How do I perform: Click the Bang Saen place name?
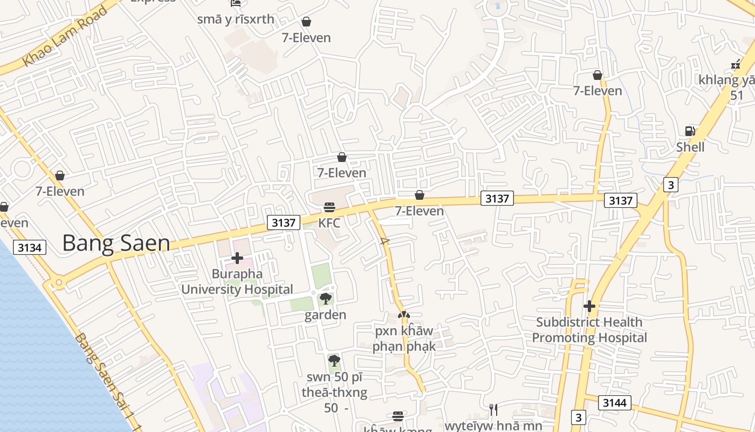click(116, 244)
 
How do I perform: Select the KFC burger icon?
click(329, 207)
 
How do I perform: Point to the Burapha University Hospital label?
click(237, 281)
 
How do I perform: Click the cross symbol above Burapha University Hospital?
click(237, 258)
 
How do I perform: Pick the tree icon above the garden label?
click(325, 299)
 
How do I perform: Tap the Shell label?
click(690, 147)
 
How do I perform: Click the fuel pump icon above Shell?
click(689, 131)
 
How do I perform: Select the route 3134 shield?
click(30, 247)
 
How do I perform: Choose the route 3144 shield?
click(614, 403)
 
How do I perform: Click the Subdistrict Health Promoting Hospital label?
click(589, 330)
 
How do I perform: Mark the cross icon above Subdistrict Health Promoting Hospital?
click(589, 306)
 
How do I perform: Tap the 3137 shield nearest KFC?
click(284, 222)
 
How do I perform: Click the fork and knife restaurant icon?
click(492, 410)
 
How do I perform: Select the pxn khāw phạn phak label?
click(404, 338)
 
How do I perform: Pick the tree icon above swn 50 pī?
click(334, 360)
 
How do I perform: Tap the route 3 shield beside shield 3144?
click(578, 417)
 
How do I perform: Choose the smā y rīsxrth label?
click(236, 19)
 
